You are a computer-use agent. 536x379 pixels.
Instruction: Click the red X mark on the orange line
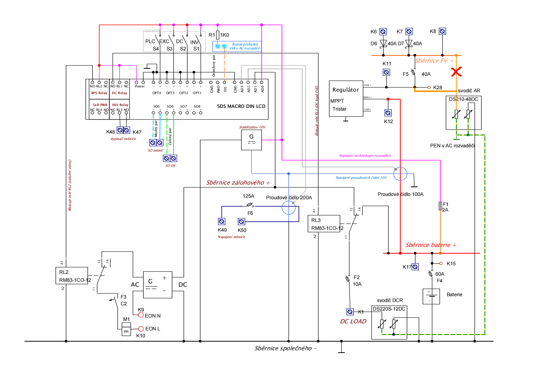pos(456,72)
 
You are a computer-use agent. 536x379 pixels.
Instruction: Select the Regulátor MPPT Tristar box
pos(346,99)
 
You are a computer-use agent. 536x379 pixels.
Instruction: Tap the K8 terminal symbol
pos(442,31)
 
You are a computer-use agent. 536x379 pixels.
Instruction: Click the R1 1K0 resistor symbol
pos(218,35)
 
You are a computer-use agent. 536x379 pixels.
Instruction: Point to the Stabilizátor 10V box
pos(251,140)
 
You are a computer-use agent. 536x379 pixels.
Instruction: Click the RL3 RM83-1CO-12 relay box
pos(324,224)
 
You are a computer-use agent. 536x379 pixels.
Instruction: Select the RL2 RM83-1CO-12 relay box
pos(72,276)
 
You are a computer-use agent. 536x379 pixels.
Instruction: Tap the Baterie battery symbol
pos(431,296)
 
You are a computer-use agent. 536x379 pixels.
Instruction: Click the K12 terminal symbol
pos(388,113)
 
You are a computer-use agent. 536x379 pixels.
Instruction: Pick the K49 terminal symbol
pos(222,221)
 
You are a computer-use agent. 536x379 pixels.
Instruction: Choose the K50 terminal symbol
pos(241,221)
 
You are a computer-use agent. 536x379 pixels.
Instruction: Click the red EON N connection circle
pos(141,315)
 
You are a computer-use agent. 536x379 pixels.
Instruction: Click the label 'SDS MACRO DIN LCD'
pos(241,106)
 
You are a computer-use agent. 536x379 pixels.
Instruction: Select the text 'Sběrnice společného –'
pos(285,348)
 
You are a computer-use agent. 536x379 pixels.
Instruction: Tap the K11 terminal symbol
pos(386,72)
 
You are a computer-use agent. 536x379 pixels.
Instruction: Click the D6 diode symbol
pos(383,43)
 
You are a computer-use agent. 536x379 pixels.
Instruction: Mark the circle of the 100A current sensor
pos(400,174)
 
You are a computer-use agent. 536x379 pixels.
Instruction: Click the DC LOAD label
pos(353,321)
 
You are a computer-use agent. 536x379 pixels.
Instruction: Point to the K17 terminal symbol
pos(415,267)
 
